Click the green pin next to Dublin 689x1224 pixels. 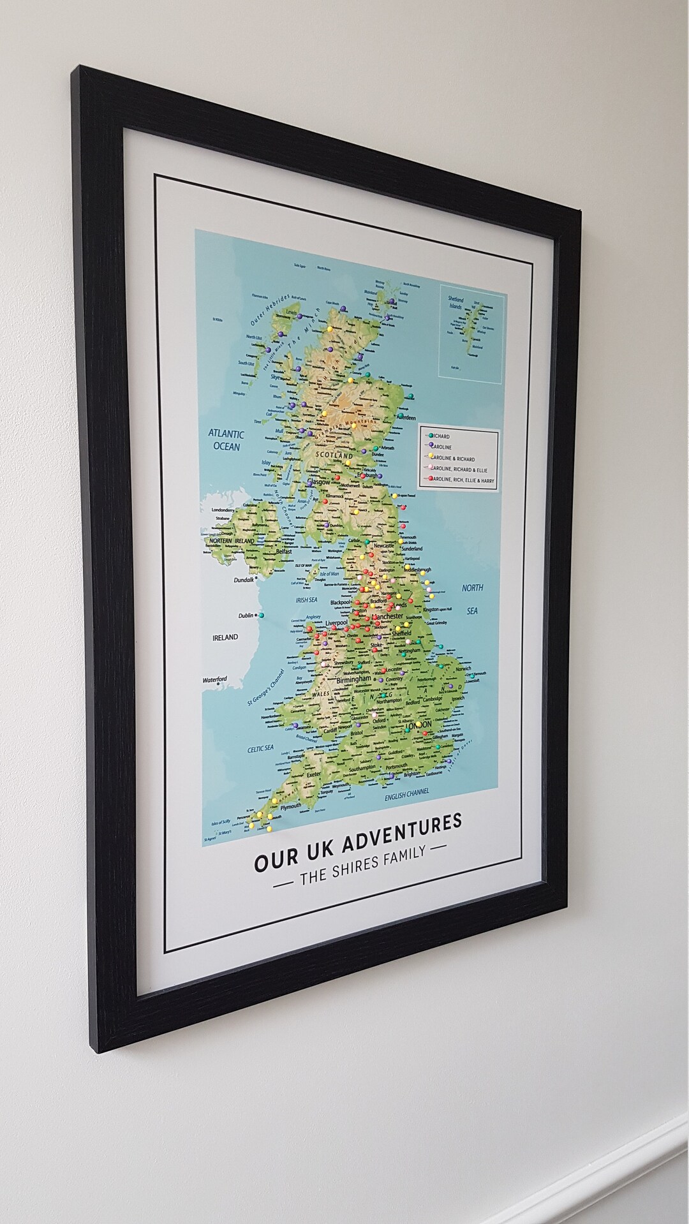[x=262, y=615]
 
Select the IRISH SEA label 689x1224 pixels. [x=306, y=600]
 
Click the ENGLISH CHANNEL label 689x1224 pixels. [x=406, y=793]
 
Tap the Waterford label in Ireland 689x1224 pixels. [x=215, y=680]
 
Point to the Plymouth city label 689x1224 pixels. [x=291, y=806]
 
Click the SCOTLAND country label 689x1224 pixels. [x=334, y=456]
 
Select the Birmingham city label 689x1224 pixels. [x=354, y=680]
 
